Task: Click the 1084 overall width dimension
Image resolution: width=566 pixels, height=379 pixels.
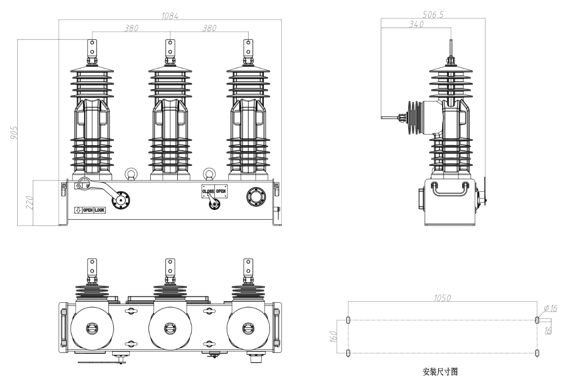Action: (x=170, y=16)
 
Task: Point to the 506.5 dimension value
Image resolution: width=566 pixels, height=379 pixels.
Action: (x=433, y=14)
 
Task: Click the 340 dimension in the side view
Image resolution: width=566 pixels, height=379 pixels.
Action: (x=416, y=25)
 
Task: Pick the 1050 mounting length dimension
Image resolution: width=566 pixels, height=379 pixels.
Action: (x=442, y=298)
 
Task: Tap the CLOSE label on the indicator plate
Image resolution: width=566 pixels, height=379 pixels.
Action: (x=208, y=191)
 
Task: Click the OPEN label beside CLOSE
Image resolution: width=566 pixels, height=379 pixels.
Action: (x=221, y=191)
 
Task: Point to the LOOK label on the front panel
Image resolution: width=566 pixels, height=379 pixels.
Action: (x=100, y=210)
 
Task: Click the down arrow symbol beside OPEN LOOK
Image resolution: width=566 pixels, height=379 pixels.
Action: (x=78, y=210)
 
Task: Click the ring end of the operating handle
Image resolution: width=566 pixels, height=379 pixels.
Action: (x=84, y=183)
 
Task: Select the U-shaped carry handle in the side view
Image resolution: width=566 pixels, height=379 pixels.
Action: (x=449, y=188)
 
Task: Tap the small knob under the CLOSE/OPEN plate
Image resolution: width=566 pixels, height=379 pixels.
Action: (x=214, y=204)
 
